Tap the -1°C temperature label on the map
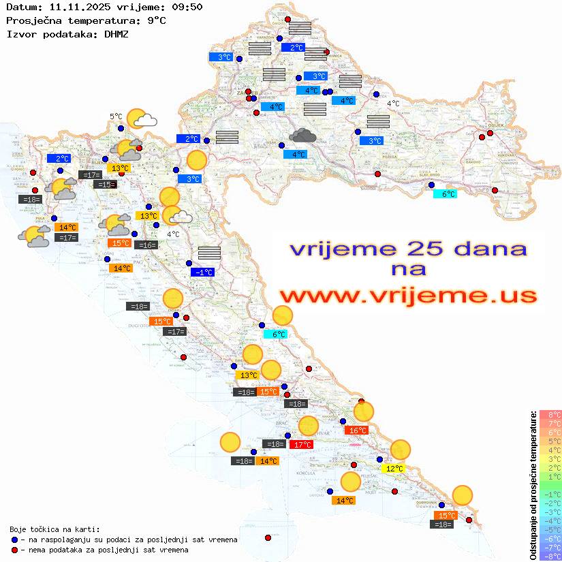coord(203,272)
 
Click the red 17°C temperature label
coord(301,444)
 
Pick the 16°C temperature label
coord(356,430)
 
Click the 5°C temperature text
coord(116,116)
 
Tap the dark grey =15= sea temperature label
coord(105,184)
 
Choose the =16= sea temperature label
coord(146,245)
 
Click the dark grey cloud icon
coord(302,136)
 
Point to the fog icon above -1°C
coord(209,253)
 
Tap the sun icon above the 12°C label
coord(400,450)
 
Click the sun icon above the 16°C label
coord(364,411)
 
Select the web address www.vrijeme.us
coord(407,296)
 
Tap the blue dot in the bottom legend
coord(15,540)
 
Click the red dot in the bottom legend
coord(15,550)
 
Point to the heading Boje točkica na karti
coord(54,529)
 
